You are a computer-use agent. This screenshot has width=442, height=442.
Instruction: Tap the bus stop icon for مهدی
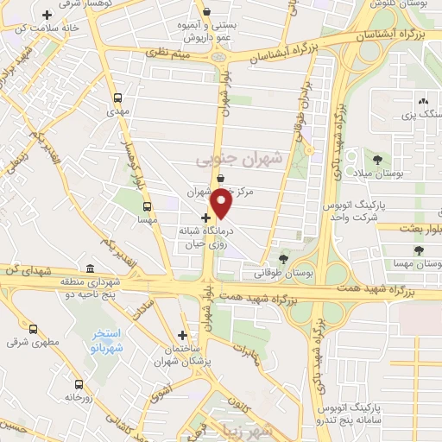pos(117,98)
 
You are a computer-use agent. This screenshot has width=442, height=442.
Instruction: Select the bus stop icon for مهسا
pos(147,206)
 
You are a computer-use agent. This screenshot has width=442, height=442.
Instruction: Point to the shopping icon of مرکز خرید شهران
pos(222,180)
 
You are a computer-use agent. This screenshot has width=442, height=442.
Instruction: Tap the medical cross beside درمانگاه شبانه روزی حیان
pos(205,218)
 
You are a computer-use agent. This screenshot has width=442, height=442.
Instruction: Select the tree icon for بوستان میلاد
pos(377,160)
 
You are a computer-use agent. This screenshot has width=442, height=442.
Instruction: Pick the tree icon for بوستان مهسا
pos(419,249)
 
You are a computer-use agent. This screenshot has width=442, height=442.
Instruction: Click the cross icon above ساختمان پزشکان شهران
pos(181,334)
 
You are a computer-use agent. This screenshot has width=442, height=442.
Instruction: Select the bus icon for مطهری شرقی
pos(34,329)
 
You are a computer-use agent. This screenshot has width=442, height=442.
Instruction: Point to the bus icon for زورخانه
pos(79,383)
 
